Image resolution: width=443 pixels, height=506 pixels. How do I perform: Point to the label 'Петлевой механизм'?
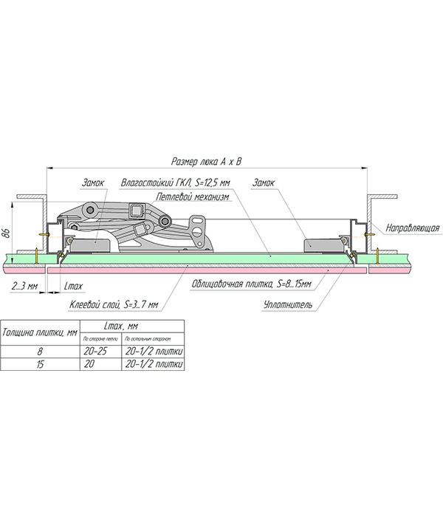193,197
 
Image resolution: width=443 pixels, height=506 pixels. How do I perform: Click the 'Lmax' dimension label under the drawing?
73,285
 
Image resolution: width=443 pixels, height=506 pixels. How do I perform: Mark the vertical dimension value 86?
6,235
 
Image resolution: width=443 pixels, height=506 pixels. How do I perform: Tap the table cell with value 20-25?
97,352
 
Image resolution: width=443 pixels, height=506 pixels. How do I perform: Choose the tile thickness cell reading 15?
41,364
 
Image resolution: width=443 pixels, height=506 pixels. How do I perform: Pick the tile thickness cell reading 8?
41,352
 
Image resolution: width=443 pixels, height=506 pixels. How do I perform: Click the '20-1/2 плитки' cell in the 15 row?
154,364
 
